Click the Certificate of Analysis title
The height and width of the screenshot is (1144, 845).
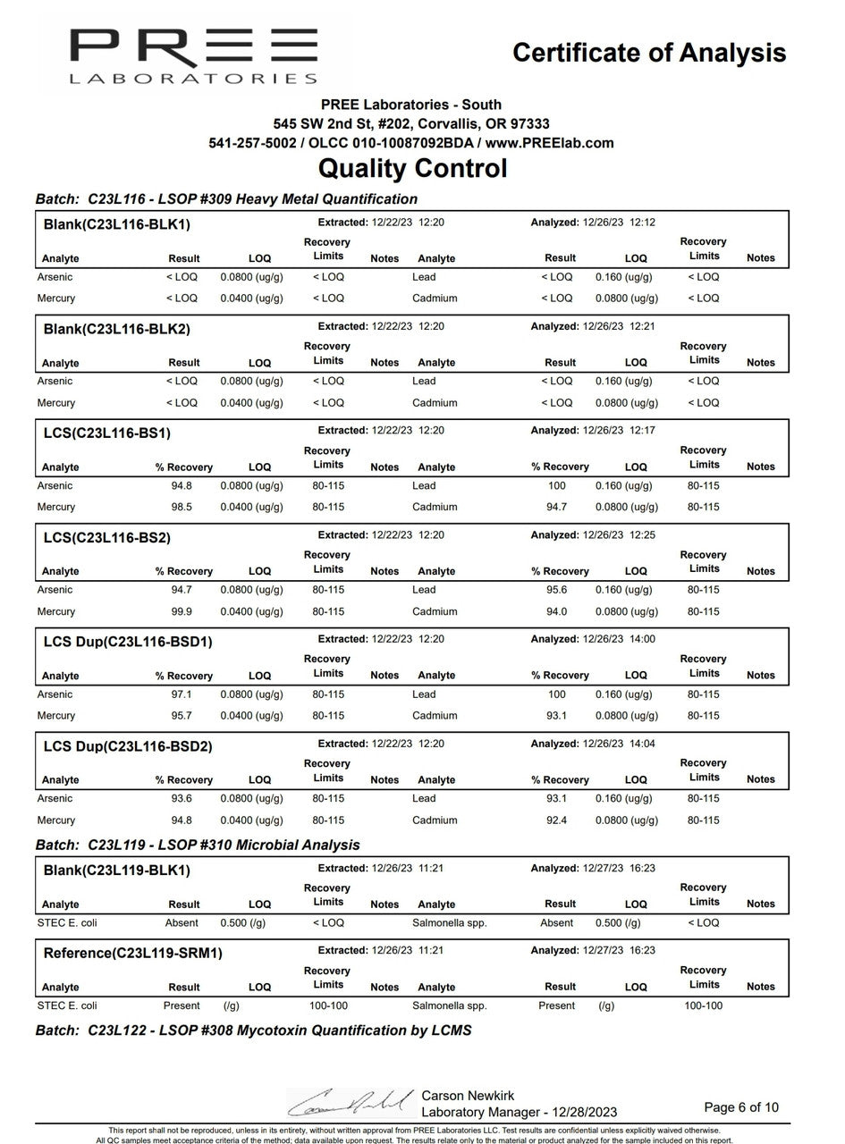click(649, 53)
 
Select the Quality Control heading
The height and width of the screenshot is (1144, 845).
click(412, 168)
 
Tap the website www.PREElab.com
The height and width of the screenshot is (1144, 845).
click(549, 143)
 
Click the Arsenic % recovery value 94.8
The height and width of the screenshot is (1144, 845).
click(183, 486)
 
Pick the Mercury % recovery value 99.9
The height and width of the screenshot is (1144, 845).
click(183, 612)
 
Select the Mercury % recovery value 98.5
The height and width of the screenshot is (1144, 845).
click(183, 508)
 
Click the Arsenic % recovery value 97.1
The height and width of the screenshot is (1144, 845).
click(183, 694)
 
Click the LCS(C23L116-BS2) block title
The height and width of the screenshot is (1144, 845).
click(106, 538)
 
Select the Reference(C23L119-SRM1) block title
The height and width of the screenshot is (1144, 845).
click(132, 954)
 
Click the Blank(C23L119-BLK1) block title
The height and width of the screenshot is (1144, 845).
click(116, 871)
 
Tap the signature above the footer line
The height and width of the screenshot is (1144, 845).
click(351, 1102)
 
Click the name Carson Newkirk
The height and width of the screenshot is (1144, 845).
click(468, 1096)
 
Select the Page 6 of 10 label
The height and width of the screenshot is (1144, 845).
click(740, 1107)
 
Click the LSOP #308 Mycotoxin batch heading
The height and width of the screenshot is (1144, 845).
click(253, 1030)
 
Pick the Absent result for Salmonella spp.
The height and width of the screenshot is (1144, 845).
click(556, 923)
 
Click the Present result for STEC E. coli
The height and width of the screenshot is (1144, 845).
click(183, 1006)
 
